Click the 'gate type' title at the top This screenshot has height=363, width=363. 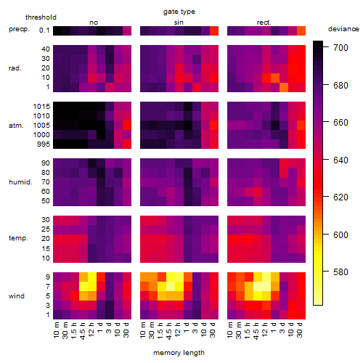[x=179, y=12]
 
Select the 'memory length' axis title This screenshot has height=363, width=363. [x=179, y=353]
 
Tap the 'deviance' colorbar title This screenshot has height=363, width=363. [x=343, y=29]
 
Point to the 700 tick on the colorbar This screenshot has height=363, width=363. [x=340, y=48]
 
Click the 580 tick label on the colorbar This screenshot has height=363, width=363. [x=340, y=272]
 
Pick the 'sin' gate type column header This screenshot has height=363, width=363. [x=179, y=23]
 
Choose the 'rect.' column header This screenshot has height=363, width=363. [x=264, y=23]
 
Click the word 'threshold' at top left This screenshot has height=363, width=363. [x=41, y=17]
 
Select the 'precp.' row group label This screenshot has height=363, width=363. [x=19, y=29]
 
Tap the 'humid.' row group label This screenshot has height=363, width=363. [x=20, y=182]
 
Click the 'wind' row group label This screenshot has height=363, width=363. [x=17, y=296]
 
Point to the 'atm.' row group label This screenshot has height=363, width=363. [x=16, y=126]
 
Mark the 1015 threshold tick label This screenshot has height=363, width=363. [x=41, y=106]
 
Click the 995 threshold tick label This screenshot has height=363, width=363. [x=44, y=144]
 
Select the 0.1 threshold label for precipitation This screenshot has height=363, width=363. [x=44, y=30]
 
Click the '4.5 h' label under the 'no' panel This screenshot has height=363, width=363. [x=83, y=330]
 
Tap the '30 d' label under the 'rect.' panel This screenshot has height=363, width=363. [x=300, y=330]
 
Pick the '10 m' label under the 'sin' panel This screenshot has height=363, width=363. [x=144, y=330]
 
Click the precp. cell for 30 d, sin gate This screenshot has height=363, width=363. [x=214, y=30]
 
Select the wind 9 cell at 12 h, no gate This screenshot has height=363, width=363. [x=92, y=277]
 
